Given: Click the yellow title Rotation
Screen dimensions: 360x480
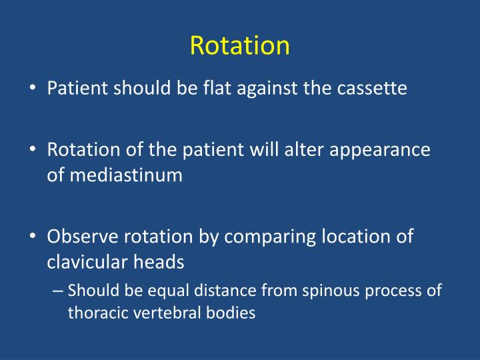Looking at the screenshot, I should [x=239, y=45].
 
